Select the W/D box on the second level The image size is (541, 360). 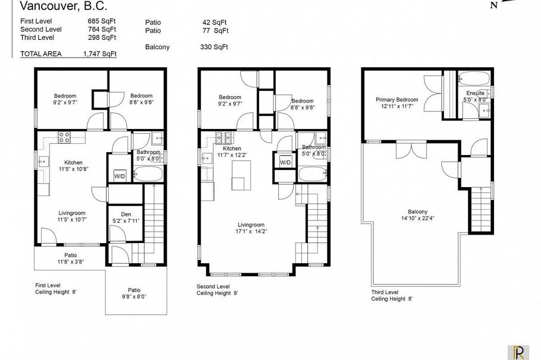[x=285, y=162]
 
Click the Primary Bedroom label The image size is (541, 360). [x=397, y=103]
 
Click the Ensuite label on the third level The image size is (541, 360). [x=475, y=96]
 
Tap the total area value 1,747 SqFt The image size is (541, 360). [x=99, y=53]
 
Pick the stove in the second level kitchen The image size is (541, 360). [x=224, y=138]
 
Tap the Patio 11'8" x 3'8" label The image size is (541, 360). [x=71, y=258]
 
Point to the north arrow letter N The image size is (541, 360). [x=493, y=6]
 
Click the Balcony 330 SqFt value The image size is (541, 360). [x=214, y=47]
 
